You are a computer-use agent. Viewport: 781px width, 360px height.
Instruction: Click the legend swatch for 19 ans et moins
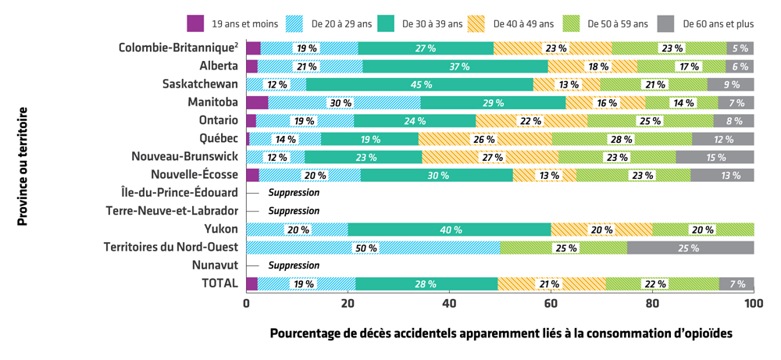click(x=195, y=23)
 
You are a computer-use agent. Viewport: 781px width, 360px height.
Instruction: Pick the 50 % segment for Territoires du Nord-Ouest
click(x=373, y=248)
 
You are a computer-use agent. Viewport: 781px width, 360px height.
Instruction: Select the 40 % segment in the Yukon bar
click(x=449, y=230)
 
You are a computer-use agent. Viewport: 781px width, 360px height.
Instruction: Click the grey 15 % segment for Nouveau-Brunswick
click(x=715, y=157)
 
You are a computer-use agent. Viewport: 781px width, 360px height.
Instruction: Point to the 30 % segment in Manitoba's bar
click(x=341, y=102)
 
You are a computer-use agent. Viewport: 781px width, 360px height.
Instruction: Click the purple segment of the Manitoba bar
click(x=257, y=102)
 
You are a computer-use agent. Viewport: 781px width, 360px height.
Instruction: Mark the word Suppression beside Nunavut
click(x=294, y=266)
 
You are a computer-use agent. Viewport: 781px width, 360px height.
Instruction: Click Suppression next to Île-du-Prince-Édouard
click(x=294, y=193)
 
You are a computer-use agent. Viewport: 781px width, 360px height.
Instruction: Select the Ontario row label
click(x=218, y=120)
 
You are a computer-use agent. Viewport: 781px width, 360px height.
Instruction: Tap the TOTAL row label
click(x=219, y=283)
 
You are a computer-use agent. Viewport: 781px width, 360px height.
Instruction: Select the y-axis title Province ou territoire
click(x=23, y=167)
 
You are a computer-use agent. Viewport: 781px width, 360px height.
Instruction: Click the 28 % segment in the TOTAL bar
click(x=426, y=283)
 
